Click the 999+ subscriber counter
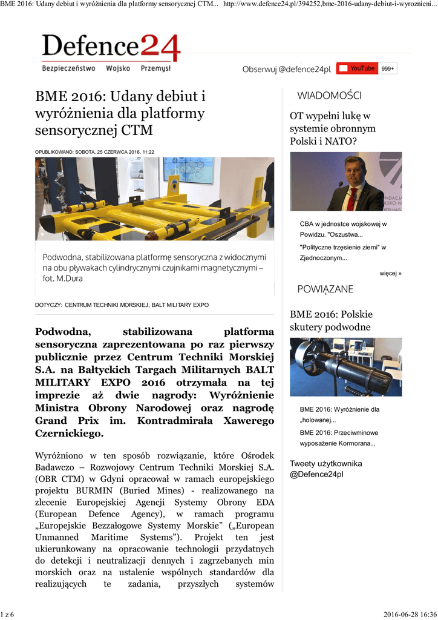pyautogui.click(x=388, y=69)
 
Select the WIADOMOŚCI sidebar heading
pyautogui.click(x=329, y=96)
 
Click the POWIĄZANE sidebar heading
pyautogui.click(x=325, y=289)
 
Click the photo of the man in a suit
pyautogui.click(x=345, y=181)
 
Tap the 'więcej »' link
pyautogui.click(x=390, y=273)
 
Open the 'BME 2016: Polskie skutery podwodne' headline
pyautogui.click(x=331, y=321)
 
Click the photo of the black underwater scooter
pyautogui.click(x=345, y=367)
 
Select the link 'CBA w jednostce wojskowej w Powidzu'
pyautogui.click(x=343, y=229)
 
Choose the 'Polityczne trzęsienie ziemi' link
pyautogui.click(x=342, y=252)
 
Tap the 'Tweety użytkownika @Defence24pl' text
pyautogui.click(x=325, y=469)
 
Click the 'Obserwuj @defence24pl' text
pyautogui.click(x=286, y=70)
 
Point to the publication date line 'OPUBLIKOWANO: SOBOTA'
pyautogui.click(x=94, y=152)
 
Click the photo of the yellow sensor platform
pyautogui.click(x=154, y=199)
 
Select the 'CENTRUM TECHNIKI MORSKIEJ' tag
pyautogui.click(x=106, y=305)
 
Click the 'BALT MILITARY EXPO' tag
pyautogui.click(x=180, y=305)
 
